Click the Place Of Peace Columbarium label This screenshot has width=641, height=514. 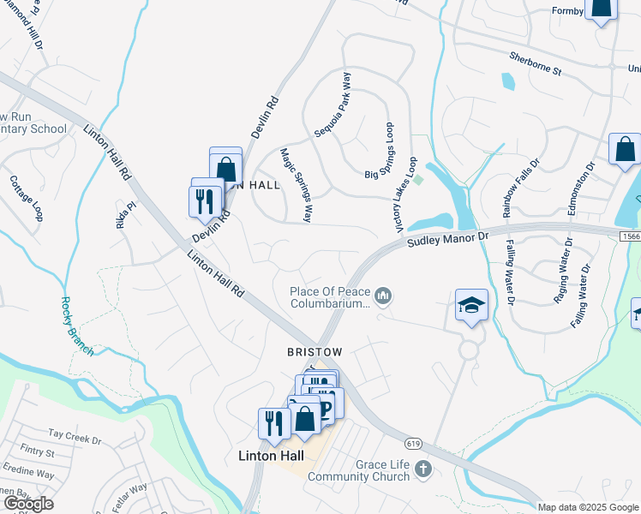[x=329, y=296]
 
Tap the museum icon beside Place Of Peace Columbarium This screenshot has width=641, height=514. [x=383, y=296]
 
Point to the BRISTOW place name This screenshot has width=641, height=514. [x=315, y=352]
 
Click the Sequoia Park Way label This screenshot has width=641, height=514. [x=333, y=105]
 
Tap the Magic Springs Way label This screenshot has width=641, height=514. [x=295, y=185]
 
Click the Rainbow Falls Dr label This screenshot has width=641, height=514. [x=522, y=188]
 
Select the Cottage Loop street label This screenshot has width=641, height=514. [x=25, y=198]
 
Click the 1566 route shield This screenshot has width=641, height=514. [x=628, y=235]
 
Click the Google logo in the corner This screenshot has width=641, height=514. [x=28, y=504]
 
